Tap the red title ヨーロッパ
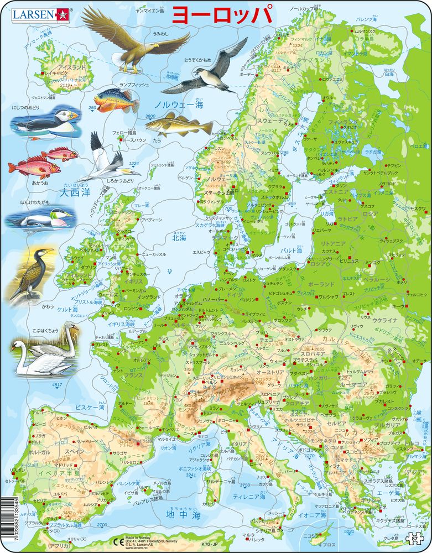tap(222, 15)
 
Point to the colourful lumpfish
tap(117, 100)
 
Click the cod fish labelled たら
tap(178, 124)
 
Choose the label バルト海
tap(291, 251)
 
